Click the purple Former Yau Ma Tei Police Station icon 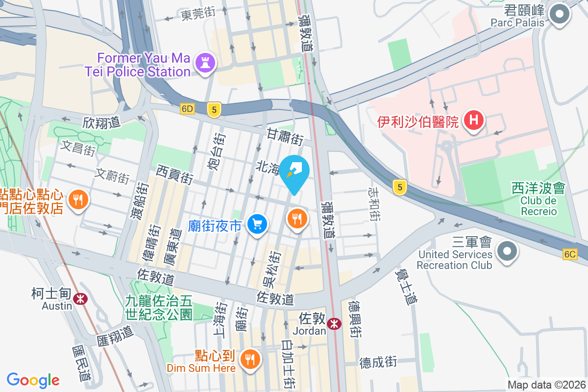pos(202,63)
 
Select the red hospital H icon pos(474,121)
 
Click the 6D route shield pos(187,109)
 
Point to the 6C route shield pos(570,254)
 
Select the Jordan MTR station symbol pos(334,324)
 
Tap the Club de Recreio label pos(539,206)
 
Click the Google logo pos(33,380)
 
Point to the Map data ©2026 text pos(546,385)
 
